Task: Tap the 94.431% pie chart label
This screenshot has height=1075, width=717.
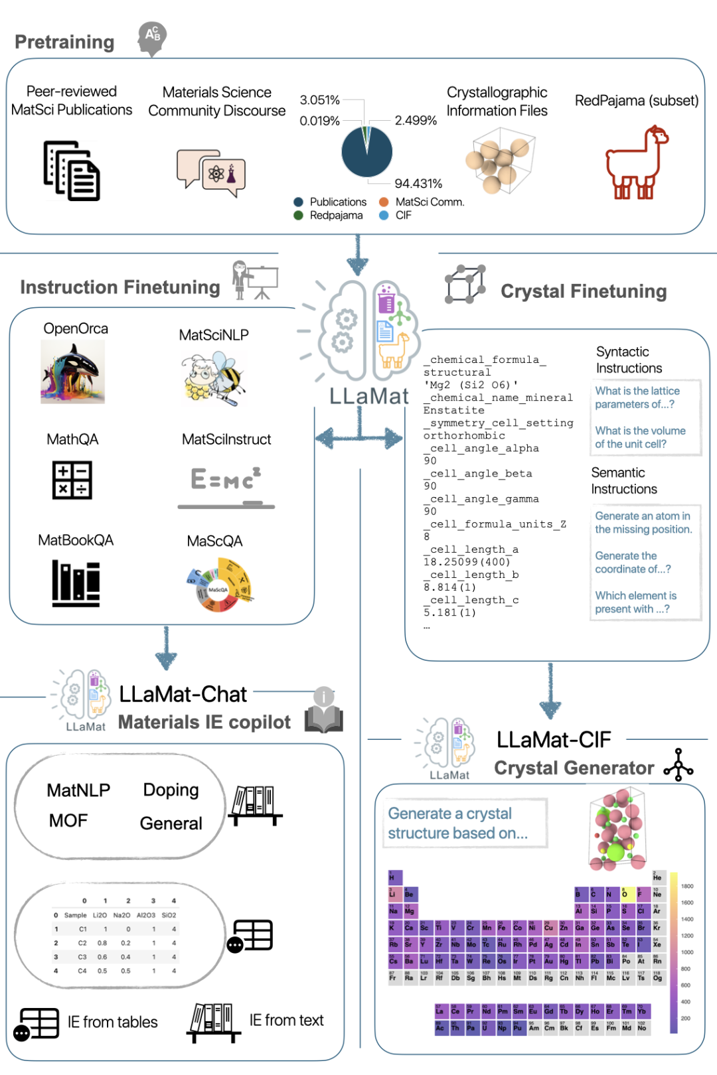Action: click(418, 183)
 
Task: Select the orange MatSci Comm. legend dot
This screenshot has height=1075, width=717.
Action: click(384, 202)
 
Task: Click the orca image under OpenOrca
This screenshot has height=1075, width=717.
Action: click(73, 372)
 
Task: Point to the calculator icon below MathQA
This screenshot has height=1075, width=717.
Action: click(72, 480)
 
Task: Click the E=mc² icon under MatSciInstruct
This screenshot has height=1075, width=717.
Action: click(226, 484)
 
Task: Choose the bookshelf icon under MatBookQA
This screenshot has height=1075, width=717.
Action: click(76, 583)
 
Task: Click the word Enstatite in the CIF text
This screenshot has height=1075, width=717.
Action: click(454, 410)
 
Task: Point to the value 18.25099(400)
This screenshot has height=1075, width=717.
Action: click(467, 562)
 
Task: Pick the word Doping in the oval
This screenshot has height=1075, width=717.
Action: click(171, 790)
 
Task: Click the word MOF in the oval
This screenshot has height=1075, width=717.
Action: click(68, 821)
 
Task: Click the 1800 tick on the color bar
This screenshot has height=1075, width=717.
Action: click(687, 887)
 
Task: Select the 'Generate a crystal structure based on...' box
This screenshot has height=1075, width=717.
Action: click(465, 824)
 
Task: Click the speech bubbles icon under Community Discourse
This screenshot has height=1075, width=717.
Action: click(211, 172)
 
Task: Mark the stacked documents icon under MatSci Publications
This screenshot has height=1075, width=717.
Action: click(72, 171)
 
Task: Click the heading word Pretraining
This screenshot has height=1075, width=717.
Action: click(64, 42)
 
